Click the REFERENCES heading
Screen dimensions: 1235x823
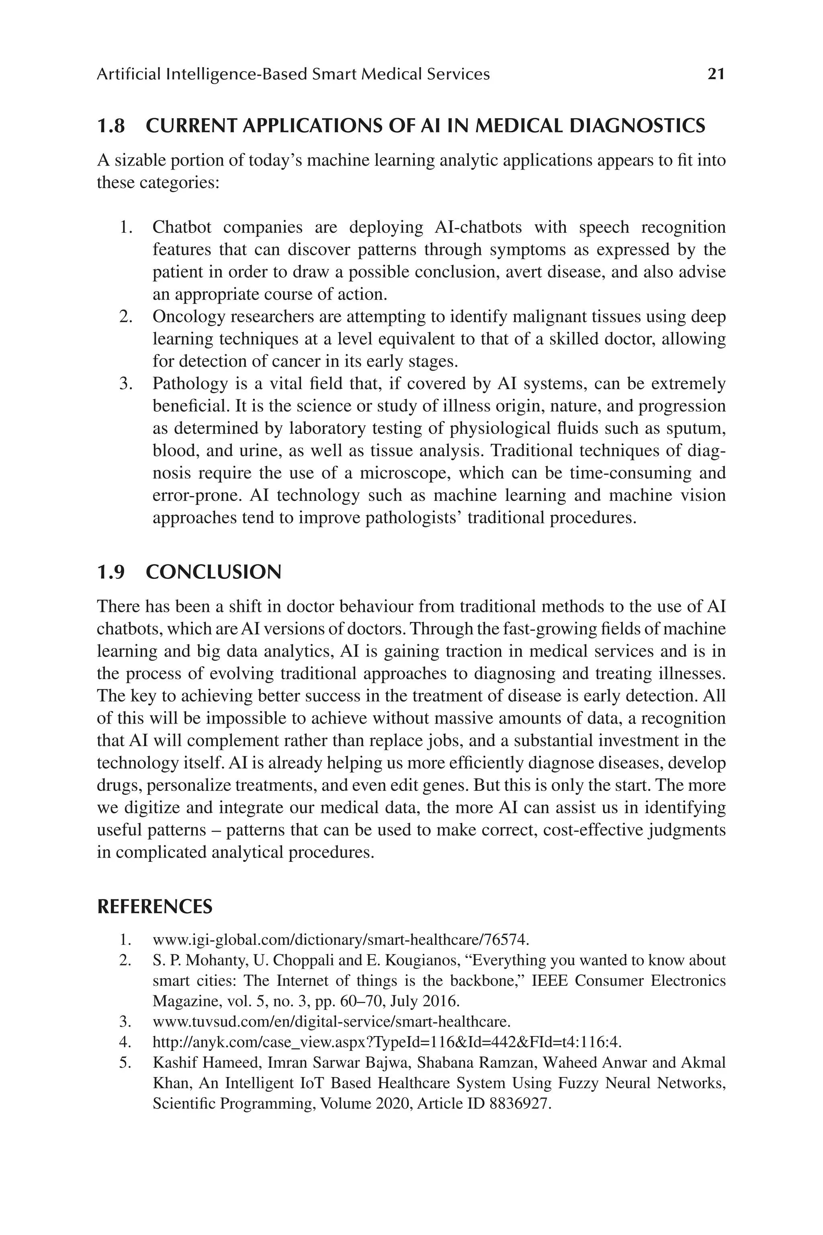click(155, 907)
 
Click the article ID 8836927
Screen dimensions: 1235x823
click(520, 1104)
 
